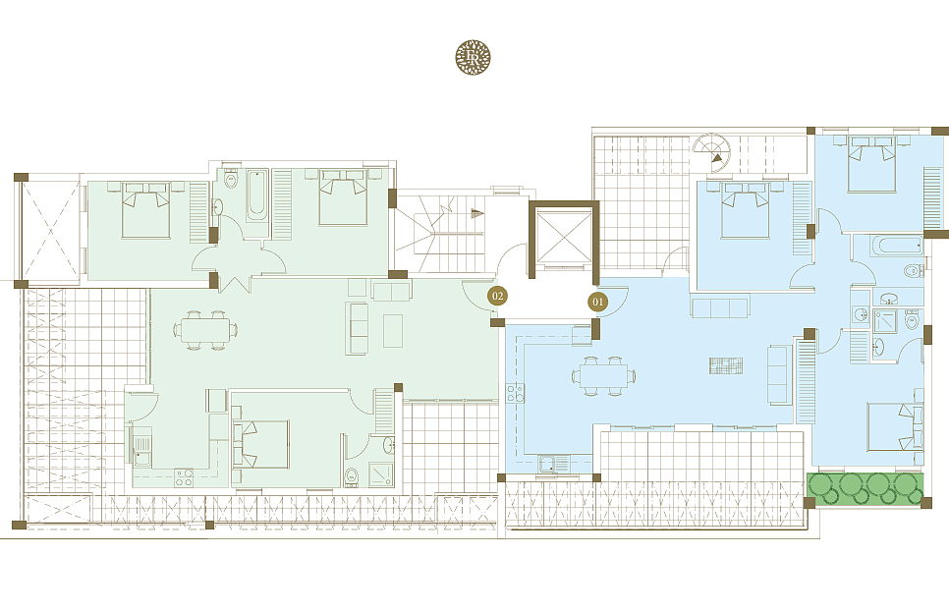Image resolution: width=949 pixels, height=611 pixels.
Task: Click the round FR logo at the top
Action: click(x=473, y=58)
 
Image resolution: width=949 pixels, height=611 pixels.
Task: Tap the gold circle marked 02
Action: click(x=497, y=296)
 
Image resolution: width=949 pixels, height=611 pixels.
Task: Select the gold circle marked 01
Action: click(x=598, y=302)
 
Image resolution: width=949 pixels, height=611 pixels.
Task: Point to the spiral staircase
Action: click(x=711, y=151)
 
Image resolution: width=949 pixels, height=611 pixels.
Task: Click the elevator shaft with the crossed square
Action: click(x=564, y=239)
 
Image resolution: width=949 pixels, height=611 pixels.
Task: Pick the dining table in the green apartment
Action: click(x=205, y=330)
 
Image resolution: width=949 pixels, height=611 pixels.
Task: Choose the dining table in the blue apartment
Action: click(x=603, y=375)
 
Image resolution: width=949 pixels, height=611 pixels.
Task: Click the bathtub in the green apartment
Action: click(x=256, y=196)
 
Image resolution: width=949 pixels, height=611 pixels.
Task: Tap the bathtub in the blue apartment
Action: click(x=897, y=247)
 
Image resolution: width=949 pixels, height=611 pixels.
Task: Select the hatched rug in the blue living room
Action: click(x=726, y=365)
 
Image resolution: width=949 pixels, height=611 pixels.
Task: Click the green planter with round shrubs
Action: click(x=866, y=487)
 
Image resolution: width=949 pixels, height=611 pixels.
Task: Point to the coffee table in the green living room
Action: click(x=393, y=330)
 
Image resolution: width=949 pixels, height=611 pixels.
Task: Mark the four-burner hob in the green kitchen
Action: click(x=184, y=478)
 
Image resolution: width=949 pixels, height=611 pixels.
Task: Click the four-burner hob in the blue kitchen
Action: click(x=515, y=393)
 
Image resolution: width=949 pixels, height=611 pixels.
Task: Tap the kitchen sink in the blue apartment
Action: click(x=553, y=464)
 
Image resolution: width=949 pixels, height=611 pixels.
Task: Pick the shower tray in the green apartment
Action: click(x=381, y=474)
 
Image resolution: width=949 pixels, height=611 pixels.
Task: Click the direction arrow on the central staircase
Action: click(x=477, y=213)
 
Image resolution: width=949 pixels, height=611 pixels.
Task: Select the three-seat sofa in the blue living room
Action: click(x=720, y=307)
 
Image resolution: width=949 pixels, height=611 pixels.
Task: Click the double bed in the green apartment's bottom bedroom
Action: click(x=260, y=443)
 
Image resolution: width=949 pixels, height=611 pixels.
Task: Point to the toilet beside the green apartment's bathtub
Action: click(x=231, y=180)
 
